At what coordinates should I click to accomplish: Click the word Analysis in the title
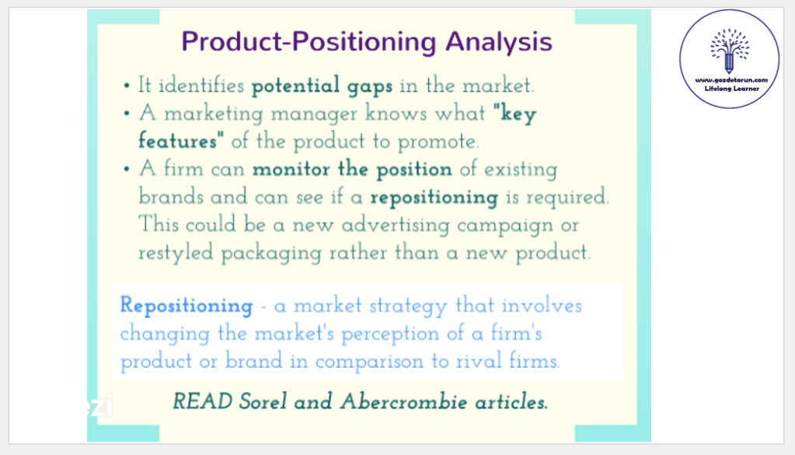pyautogui.click(x=499, y=41)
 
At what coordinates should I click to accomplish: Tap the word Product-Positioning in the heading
pyautogui.click(x=309, y=41)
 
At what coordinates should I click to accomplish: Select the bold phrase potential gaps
pyautogui.click(x=322, y=86)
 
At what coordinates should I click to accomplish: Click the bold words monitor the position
pyautogui.click(x=352, y=169)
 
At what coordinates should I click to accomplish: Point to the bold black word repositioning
pyautogui.click(x=434, y=198)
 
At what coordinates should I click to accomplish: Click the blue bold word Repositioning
pyautogui.click(x=187, y=306)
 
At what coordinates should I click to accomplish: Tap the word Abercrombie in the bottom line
pyautogui.click(x=403, y=402)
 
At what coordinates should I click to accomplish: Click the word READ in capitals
pyautogui.click(x=202, y=402)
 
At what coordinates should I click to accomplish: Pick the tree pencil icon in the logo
pyautogui.click(x=729, y=51)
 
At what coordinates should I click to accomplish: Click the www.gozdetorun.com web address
pyautogui.click(x=731, y=80)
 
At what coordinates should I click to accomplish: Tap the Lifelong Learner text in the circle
pyautogui.click(x=731, y=89)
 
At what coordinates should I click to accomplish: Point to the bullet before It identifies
pyautogui.click(x=127, y=86)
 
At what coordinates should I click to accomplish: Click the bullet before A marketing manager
pyautogui.click(x=127, y=114)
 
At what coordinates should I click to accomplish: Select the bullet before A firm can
pyautogui.click(x=127, y=170)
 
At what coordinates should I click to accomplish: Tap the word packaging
pyautogui.click(x=271, y=253)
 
